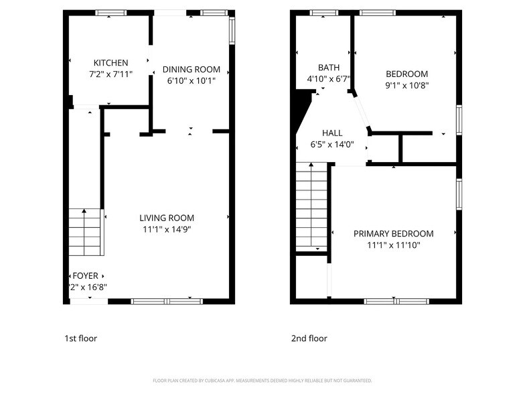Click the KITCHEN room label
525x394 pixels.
click(110, 63)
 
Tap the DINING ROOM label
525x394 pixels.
click(192, 69)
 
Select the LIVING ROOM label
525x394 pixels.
click(167, 218)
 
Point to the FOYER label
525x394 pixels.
click(86, 275)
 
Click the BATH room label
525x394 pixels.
click(328, 68)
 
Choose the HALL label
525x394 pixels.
click(332, 133)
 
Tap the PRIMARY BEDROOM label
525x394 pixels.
click(393, 234)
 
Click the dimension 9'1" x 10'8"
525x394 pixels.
click(406, 85)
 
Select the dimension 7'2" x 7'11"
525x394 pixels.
click(110, 74)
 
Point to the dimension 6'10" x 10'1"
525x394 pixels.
click(192, 81)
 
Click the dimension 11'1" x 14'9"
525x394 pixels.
click(167, 229)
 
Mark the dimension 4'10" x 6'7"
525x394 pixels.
click(328, 79)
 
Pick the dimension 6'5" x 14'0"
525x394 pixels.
click(332, 144)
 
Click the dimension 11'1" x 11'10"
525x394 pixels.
click(393, 245)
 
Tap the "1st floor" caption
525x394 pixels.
click(80, 338)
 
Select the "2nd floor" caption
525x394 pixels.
click(309, 338)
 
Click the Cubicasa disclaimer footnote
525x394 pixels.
click(262, 381)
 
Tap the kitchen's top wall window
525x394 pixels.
click(111, 12)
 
